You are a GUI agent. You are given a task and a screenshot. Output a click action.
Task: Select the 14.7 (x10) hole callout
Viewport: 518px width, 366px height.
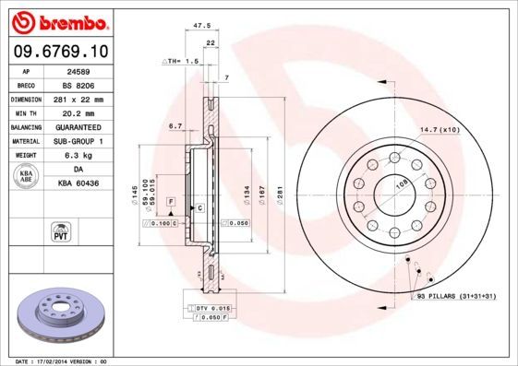[440, 130]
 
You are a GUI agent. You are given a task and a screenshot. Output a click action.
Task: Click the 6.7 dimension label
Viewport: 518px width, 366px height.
[175, 124]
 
